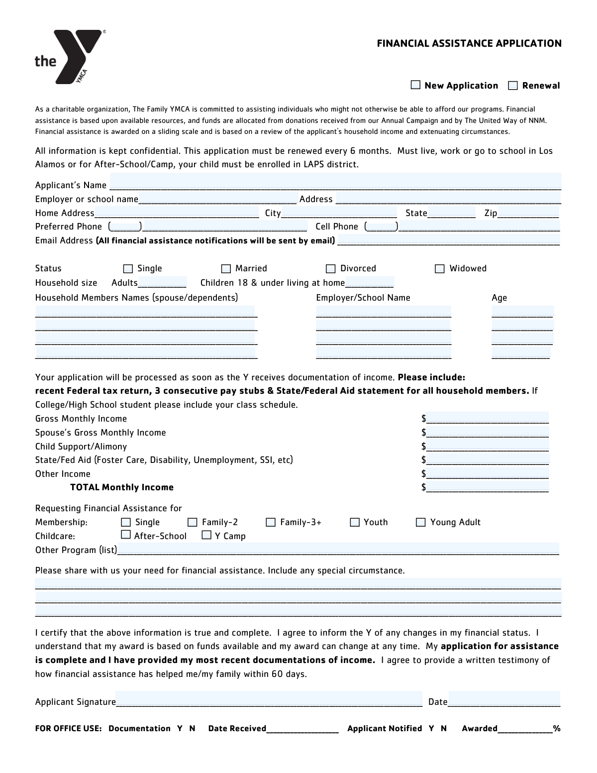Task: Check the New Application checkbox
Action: [x=415, y=85]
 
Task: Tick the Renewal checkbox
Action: [x=513, y=86]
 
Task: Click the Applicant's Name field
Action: [x=335, y=182]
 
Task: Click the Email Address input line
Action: [x=448, y=241]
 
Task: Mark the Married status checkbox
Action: [x=226, y=269]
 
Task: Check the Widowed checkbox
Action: [x=440, y=269]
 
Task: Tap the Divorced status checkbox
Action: [x=331, y=269]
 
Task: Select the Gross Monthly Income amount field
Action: [x=487, y=418]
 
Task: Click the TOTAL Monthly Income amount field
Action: [x=487, y=487]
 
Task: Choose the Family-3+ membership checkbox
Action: [x=271, y=522]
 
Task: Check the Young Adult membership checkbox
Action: [x=421, y=522]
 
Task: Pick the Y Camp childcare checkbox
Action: [x=206, y=535]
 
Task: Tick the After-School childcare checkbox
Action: [x=126, y=535]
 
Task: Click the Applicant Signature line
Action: [x=269, y=699]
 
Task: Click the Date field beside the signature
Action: [x=504, y=699]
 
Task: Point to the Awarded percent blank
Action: [x=525, y=729]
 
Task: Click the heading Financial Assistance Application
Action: [x=469, y=43]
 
